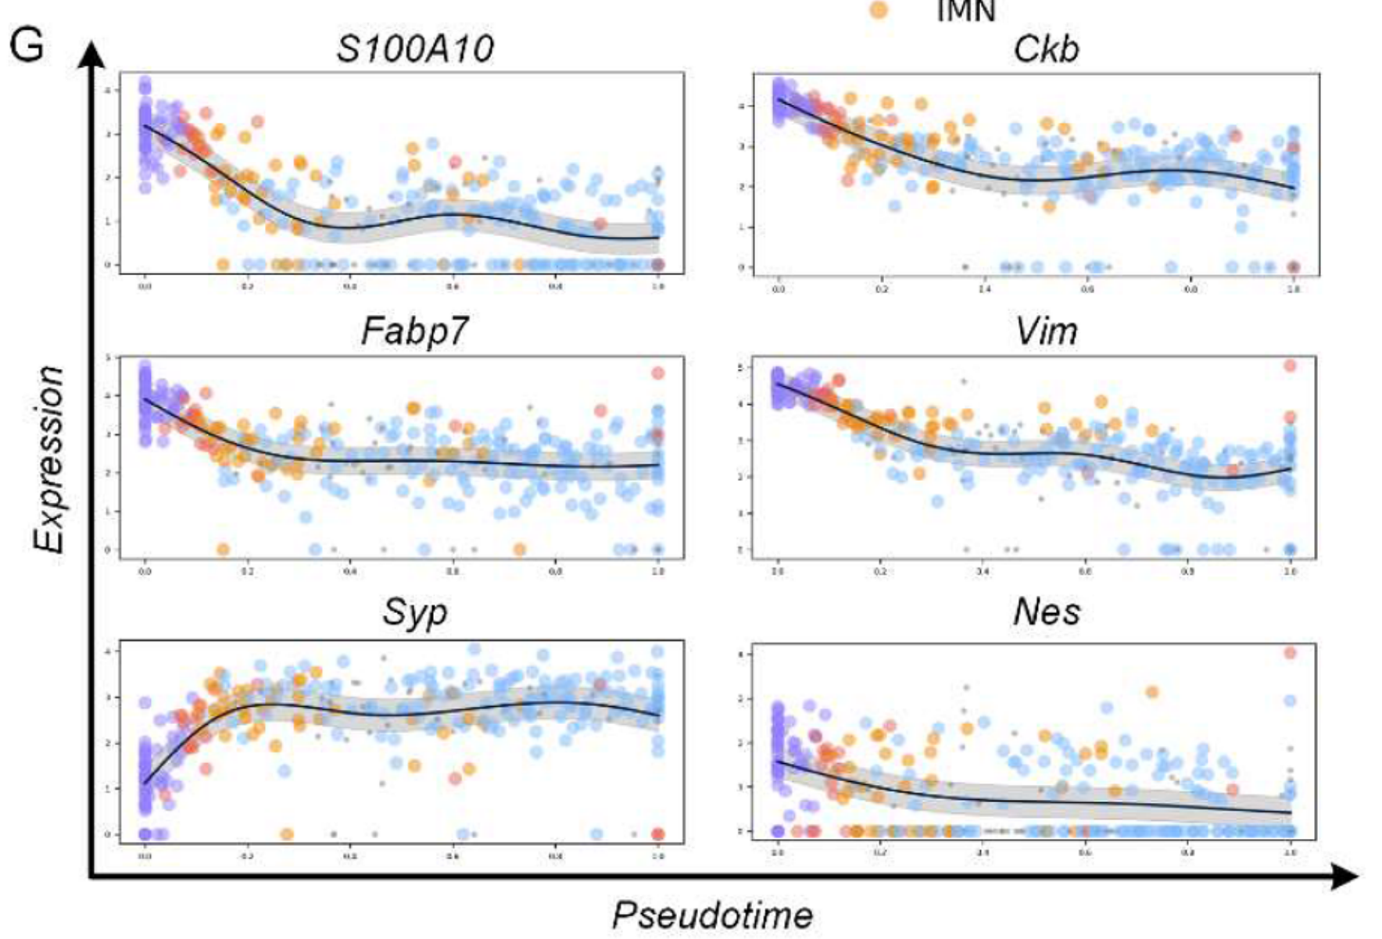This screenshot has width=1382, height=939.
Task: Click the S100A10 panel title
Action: click(414, 48)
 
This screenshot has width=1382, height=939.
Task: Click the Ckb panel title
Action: click(1046, 48)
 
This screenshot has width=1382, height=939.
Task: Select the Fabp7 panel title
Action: click(414, 331)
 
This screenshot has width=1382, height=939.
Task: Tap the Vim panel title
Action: click(1046, 332)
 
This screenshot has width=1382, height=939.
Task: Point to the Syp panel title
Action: click(414, 612)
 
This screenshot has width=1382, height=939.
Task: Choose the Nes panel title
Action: click(1046, 612)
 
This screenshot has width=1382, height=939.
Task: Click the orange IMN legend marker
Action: click(879, 9)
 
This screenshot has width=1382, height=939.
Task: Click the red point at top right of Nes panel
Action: click(1290, 653)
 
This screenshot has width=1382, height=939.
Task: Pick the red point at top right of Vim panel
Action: click(1290, 365)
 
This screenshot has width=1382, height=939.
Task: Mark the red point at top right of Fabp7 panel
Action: click(658, 373)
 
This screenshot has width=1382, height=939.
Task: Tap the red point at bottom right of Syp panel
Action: click(658, 834)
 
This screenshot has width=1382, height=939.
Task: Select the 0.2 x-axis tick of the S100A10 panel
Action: click(247, 287)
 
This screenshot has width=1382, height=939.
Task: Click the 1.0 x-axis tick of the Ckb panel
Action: click(1293, 289)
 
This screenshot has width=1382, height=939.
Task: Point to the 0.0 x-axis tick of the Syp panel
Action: click(145, 856)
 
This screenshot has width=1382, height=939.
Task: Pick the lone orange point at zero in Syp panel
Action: click(287, 834)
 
